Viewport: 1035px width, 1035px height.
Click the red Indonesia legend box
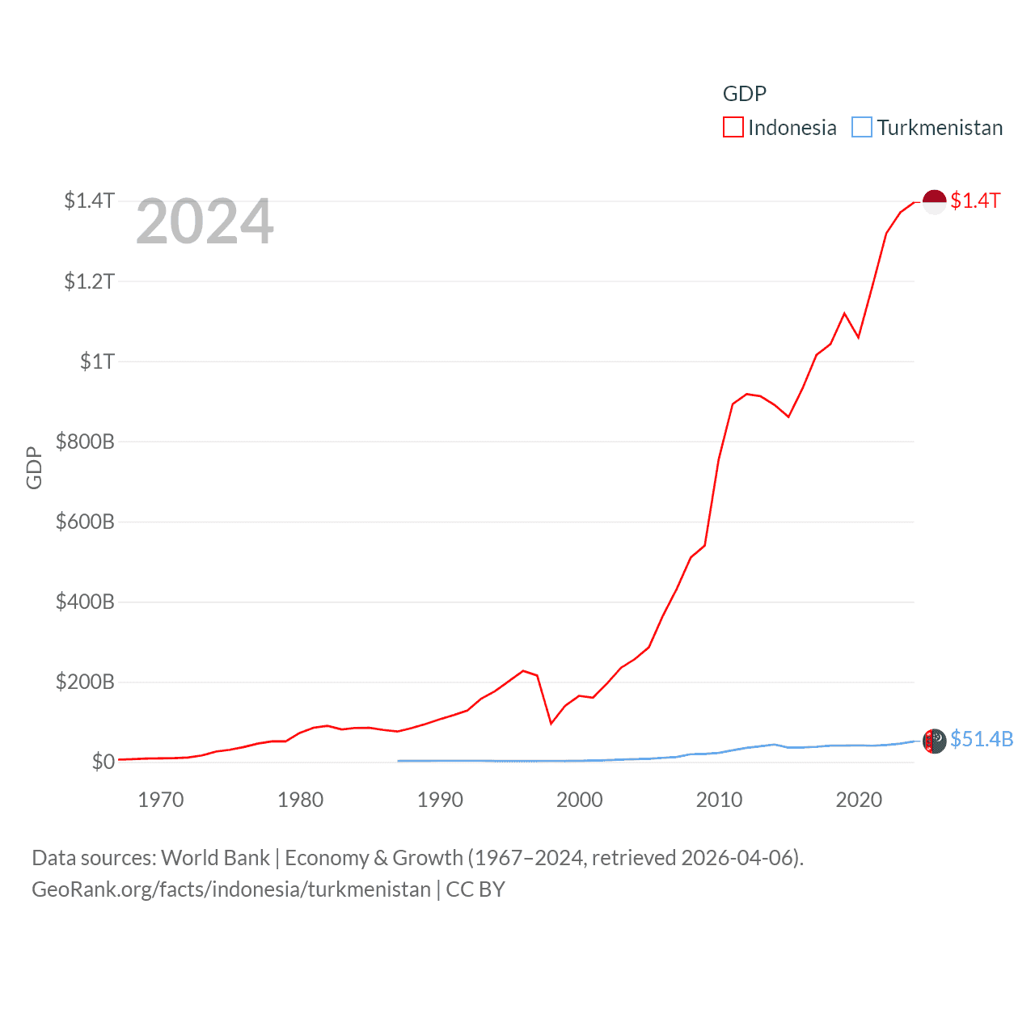click(x=733, y=128)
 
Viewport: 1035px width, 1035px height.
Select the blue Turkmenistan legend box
click(x=862, y=128)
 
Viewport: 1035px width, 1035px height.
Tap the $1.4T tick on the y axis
click(x=90, y=201)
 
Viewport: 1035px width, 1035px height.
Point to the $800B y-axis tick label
click(x=85, y=441)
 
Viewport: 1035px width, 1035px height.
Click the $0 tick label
click(x=103, y=762)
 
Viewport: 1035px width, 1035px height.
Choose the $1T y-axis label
click(x=97, y=361)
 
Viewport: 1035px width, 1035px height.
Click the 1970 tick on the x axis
click(x=161, y=800)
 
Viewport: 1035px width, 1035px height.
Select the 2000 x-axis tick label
click(x=580, y=800)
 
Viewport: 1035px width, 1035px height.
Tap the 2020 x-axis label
click(x=859, y=800)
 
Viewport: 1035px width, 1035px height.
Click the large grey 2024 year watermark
click(x=205, y=222)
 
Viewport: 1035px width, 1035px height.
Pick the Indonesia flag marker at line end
click(x=935, y=201)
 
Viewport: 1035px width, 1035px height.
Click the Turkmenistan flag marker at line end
click(x=935, y=740)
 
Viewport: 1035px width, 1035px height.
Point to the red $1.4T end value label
click(x=976, y=201)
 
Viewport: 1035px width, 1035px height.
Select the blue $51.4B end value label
click(x=982, y=740)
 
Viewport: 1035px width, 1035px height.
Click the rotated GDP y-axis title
click(x=34, y=467)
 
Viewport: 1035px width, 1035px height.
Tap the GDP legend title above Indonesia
click(x=744, y=94)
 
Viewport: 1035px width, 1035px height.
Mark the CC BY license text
click(x=475, y=889)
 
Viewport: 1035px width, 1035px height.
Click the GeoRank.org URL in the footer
click(x=231, y=889)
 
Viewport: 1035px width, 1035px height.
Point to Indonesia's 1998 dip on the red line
click(x=551, y=723)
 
